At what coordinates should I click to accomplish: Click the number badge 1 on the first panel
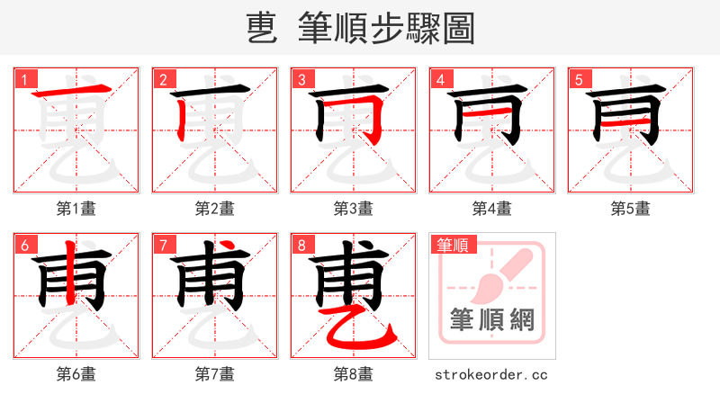tap(24, 79)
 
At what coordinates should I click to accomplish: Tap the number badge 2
tap(163, 79)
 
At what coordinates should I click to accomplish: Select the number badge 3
tap(301, 79)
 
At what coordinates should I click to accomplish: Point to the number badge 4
tap(440, 79)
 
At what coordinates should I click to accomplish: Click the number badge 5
tap(579, 79)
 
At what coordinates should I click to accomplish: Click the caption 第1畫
tap(76, 209)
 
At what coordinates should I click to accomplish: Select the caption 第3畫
tap(354, 209)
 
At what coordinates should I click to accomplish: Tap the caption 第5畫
tap(631, 209)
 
